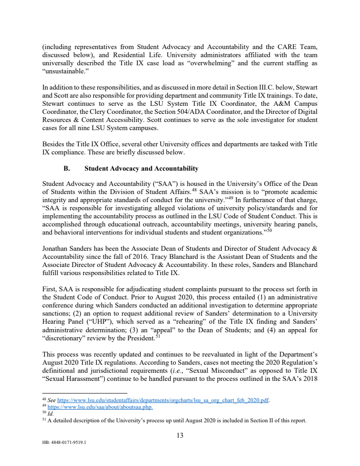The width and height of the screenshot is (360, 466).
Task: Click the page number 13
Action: coord(180,435)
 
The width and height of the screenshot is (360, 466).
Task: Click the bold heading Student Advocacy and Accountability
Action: coord(141,168)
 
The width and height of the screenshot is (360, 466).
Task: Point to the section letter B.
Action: coord(67,168)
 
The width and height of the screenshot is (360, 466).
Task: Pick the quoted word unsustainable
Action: coord(61,71)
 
